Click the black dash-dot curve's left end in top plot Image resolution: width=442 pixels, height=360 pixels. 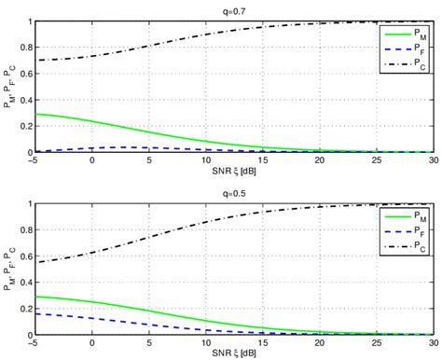point(36,60)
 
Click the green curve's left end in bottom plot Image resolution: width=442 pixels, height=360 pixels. point(36,270)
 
